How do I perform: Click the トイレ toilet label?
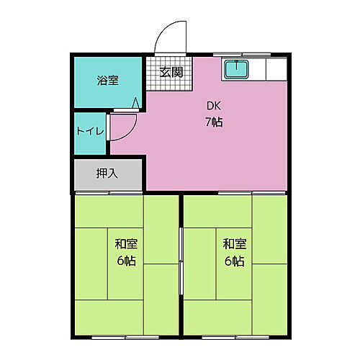point(91,132)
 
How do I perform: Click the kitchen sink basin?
point(235,69)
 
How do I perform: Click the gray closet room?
point(109,174)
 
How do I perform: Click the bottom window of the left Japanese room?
point(127,336)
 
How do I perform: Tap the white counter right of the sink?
point(276,69)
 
